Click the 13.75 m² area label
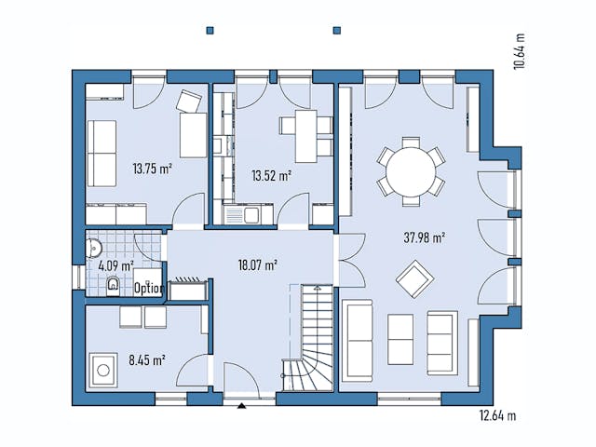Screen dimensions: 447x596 point(152,169)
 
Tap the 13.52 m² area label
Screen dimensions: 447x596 point(271,174)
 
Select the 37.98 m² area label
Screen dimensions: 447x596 point(425,237)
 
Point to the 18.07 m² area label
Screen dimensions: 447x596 point(257,265)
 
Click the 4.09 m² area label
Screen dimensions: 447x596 point(116,265)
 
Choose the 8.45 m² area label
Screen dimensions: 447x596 point(146,359)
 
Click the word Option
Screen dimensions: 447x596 point(149,289)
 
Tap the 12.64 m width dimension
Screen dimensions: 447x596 point(497,414)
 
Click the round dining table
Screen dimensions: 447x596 point(411,171)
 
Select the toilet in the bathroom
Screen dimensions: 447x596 point(113,285)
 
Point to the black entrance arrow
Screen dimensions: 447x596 point(242,406)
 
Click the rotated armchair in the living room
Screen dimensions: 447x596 point(413,278)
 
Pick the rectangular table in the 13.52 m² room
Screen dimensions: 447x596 point(299,136)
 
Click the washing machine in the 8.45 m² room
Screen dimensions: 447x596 point(102,372)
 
